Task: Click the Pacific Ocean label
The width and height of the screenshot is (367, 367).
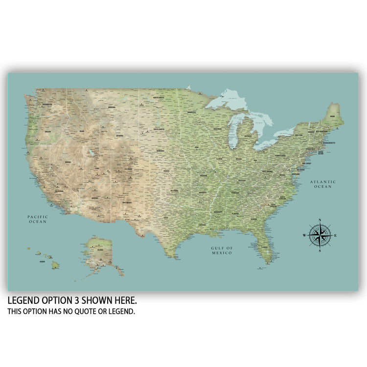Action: [x=37, y=219]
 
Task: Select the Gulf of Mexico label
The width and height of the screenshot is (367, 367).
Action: [x=223, y=250]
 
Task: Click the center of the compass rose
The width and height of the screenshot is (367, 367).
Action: [x=320, y=236]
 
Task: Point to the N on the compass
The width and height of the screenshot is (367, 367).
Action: [x=320, y=220]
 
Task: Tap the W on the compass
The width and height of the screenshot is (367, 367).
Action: [x=304, y=236]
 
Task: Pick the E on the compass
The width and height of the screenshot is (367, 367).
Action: [x=336, y=236]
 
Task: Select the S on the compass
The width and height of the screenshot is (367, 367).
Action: [x=320, y=252]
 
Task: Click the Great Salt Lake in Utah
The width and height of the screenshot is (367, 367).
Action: [x=91, y=153]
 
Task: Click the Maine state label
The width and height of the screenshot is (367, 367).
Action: [x=332, y=117]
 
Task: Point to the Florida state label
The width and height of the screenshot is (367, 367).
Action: [x=264, y=247]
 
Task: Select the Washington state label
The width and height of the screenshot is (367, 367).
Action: [x=47, y=104]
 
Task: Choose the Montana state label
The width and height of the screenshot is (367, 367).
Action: [x=112, y=108]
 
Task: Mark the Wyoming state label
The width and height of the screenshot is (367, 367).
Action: [x=120, y=135]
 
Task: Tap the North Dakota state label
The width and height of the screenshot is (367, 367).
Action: [x=158, y=98]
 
